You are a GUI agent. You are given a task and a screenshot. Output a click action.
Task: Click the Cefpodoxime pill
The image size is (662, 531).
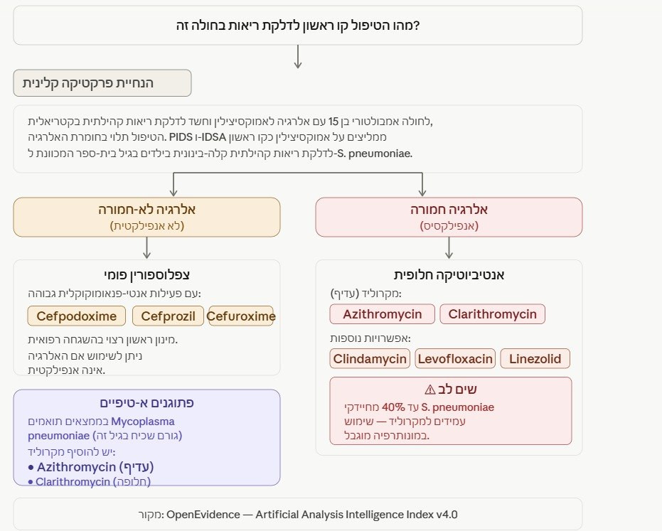(x=76, y=316)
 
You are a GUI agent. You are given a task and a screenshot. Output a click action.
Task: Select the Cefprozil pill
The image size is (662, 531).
(x=168, y=316)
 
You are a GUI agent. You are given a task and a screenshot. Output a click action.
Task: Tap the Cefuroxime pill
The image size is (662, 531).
(x=241, y=316)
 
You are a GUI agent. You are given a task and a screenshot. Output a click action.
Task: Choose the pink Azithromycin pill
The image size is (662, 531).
(x=382, y=314)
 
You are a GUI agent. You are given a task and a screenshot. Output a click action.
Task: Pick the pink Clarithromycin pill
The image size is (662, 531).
(x=492, y=314)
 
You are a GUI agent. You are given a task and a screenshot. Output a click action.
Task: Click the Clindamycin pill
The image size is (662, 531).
(x=370, y=359)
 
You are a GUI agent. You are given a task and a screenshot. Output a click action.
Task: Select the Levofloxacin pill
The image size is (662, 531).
(x=455, y=359)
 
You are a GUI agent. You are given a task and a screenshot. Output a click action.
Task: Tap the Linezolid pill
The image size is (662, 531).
(x=535, y=359)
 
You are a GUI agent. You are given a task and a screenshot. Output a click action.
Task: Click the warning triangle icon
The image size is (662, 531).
(x=429, y=390)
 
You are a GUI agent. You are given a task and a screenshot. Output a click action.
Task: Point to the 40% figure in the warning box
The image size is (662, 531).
(x=393, y=407)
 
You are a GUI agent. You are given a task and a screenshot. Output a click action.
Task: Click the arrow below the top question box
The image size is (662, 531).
(x=298, y=57)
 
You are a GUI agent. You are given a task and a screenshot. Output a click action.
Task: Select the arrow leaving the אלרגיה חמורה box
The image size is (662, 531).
(x=449, y=248)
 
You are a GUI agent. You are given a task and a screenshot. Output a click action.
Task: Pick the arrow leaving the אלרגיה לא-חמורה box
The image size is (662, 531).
(x=146, y=248)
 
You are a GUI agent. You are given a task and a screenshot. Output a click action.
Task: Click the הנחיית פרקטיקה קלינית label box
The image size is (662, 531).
(x=102, y=83)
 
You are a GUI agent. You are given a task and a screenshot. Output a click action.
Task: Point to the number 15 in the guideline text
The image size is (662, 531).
(x=333, y=122)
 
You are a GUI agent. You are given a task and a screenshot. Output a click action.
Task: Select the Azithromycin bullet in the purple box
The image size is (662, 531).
(x=91, y=467)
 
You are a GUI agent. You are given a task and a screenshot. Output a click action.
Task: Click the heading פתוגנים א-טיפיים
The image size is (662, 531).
(x=146, y=402)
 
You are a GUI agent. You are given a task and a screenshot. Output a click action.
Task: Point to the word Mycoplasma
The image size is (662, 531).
(x=143, y=422)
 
